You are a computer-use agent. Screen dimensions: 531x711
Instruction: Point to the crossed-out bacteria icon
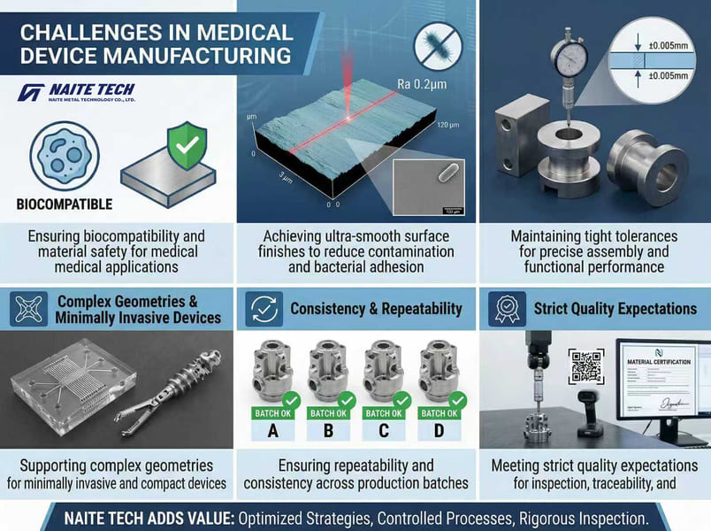point(439,44)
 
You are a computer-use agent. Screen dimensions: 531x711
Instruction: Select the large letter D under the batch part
point(439,433)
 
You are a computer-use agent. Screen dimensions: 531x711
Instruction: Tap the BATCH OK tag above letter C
point(383,412)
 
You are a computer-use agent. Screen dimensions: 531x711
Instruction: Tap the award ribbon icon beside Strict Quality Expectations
point(507,310)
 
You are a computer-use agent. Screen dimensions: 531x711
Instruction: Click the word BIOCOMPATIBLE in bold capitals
point(65,204)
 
